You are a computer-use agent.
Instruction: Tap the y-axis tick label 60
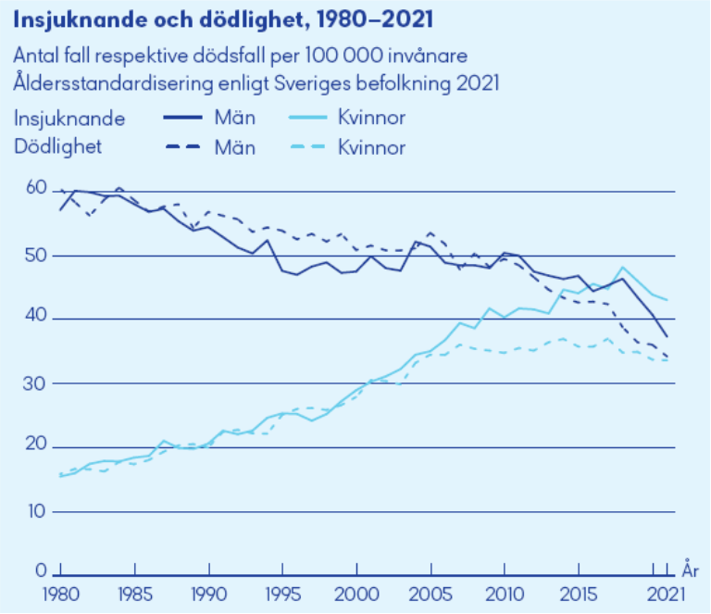coord(35,188)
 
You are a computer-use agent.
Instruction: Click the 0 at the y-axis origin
coord(41,570)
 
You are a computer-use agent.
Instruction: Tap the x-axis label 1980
coord(60,593)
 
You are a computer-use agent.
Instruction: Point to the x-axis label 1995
coord(283,593)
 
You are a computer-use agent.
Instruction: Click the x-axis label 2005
coord(430,593)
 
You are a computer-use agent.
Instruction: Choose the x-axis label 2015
coord(579,593)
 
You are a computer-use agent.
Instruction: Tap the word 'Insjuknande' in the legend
coord(69,119)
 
